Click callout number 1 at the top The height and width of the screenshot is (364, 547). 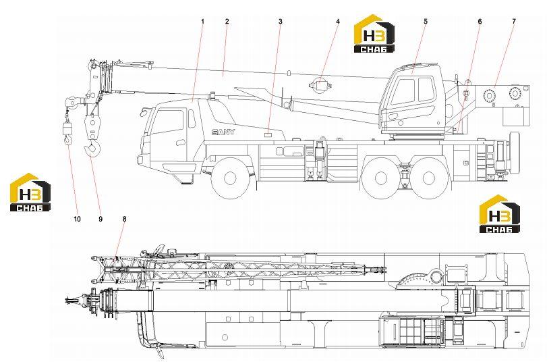tap(203, 22)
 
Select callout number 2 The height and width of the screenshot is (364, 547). tap(227, 22)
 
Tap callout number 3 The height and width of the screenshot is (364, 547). tap(281, 22)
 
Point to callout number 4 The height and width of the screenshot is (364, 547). tap(338, 22)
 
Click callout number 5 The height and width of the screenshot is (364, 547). tap(426, 22)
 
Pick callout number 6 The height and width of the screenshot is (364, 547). tap(480, 22)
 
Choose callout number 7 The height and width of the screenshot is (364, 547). tap(514, 22)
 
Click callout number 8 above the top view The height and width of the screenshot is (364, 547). tap(125, 219)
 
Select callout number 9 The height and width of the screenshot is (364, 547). tap(100, 219)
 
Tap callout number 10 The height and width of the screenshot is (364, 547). tap(77, 219)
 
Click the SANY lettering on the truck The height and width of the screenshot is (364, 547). tap(223, 132)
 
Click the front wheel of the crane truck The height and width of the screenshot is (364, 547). tap(230, 178)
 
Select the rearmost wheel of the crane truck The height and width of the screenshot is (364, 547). tap(429, 178)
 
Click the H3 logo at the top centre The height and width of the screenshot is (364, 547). tap(374, 34)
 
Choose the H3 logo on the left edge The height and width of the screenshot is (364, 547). tap(30, 192)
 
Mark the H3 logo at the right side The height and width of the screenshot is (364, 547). tap(500, 214)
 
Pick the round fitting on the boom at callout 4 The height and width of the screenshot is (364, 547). tap(320, 85)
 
